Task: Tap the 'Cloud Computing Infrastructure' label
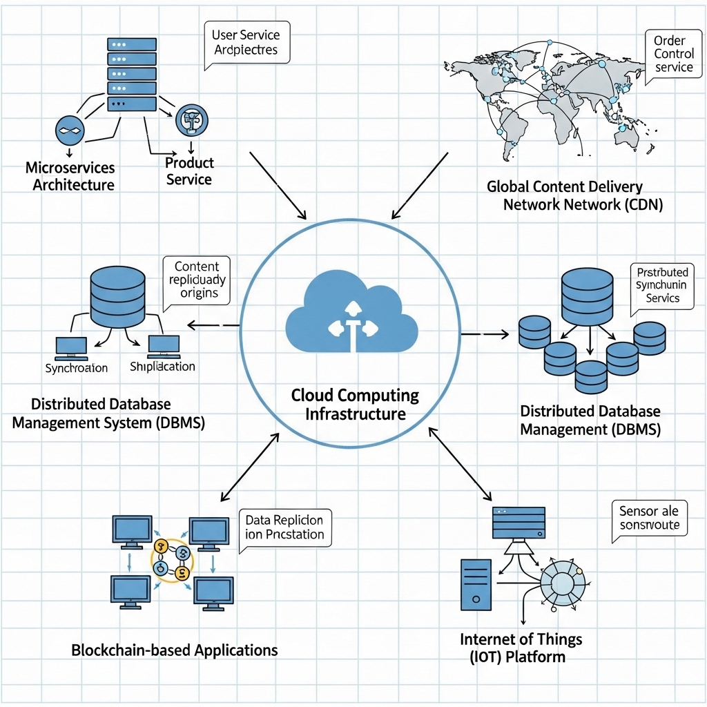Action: pyautogui.click(x=355, y=405)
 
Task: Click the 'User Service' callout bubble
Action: pyautogui.click(x=246, y=42)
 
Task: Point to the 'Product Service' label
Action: pyautogui.click(x=188, y=171)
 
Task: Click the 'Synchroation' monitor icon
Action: pyautogui.click(x=71, y=347)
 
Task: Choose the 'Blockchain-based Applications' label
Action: pyautogui.click(x=174, y=650)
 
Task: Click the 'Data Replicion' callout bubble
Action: pyautogui.click(x=284, y=528)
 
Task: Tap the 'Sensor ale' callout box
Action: pyautogui.click(x=649, y=519)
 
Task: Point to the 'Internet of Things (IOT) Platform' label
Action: pyautogui.click(x=521, y=647)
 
